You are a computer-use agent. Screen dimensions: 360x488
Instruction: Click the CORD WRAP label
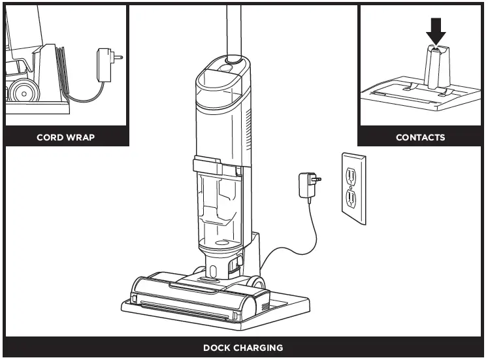pos(65,138)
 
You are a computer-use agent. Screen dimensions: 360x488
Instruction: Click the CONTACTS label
pos(420,138)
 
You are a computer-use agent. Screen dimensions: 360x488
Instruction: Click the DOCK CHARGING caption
pos(243,348)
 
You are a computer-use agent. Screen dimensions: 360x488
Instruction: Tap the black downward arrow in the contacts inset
pos(437,30)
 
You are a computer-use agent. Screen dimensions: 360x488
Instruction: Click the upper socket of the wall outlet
pos(351,174)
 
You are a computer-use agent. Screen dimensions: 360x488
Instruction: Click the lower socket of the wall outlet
pos(351,197)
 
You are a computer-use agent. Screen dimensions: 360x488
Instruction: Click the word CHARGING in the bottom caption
pos(260,348)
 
